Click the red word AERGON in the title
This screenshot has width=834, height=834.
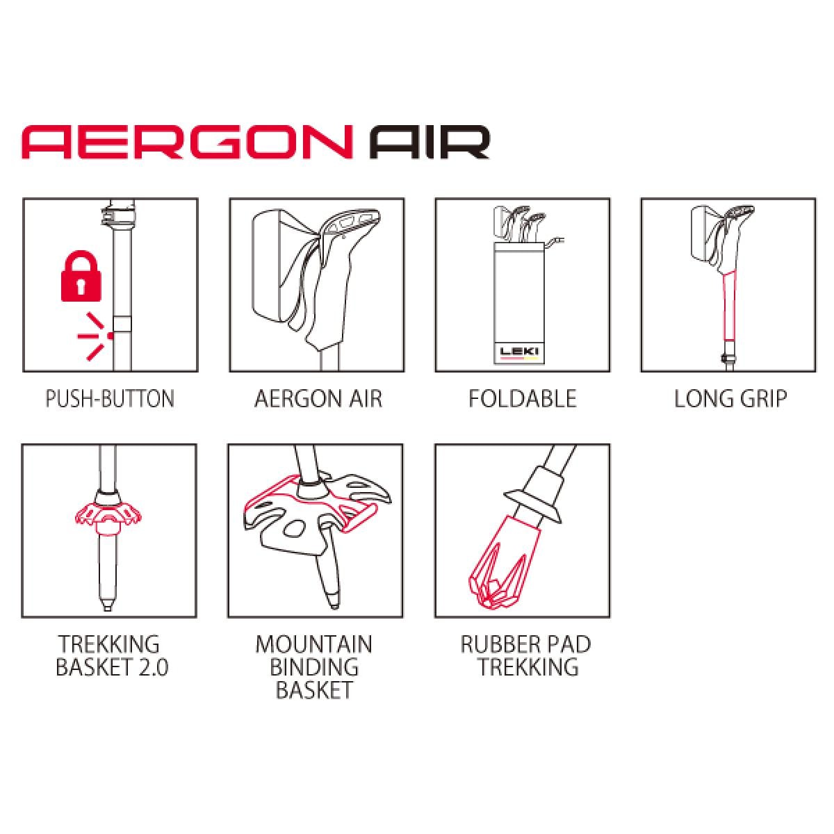[188, 142]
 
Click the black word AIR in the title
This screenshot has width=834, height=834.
[430, 142]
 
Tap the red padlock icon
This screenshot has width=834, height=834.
[81, 277]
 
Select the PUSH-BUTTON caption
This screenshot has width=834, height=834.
[110, 399]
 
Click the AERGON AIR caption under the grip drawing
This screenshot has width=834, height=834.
[318, 399]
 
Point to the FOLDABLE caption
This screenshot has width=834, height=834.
[523, 399]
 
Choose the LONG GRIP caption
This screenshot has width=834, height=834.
[730, 399]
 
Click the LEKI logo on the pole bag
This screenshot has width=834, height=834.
[519, 352]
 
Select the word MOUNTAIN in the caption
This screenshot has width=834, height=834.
[313, 645]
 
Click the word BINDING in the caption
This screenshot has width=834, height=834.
[314, 667]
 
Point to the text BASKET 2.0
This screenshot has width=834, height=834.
[112, 667]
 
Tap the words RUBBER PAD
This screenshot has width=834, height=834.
[525, 645]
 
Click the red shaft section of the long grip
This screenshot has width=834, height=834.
[729, 305]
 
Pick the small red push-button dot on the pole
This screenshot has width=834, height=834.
[111, 336]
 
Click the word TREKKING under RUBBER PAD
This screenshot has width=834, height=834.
[528, 667]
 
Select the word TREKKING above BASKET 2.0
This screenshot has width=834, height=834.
[109, 645]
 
